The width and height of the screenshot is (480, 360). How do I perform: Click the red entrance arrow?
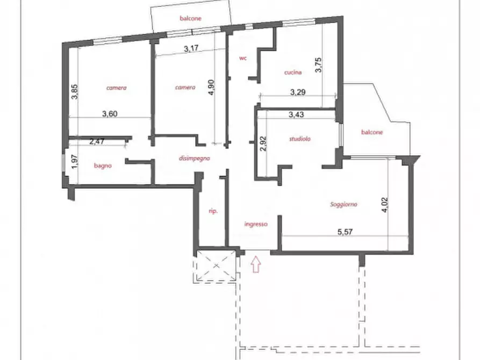[x=256, y=264]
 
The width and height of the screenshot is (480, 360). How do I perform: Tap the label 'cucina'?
[x=293, y=73]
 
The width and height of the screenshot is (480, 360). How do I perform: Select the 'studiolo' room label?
[x=300, y=139]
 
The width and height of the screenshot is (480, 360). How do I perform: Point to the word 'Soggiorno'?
[x=343, y=204]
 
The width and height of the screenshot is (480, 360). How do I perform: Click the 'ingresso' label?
[x=256, y=224]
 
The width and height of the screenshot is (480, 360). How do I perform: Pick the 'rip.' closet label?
[x=213, y=211]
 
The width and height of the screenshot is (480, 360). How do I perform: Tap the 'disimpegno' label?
[x=195, y=159]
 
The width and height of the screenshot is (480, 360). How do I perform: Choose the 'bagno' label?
[x=103, y=165]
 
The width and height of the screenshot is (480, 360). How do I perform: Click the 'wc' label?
[x=243, y=58]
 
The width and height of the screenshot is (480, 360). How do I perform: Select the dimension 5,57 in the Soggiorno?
[x=345, y=232]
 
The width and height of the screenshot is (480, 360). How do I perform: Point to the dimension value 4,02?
[x=385, y=205]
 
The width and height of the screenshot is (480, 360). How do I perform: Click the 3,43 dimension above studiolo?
[x=296, y=114]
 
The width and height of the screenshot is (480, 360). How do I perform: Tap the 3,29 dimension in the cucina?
[x=298, y=92]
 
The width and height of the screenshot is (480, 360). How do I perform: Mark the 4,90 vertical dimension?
[x=211, y=87]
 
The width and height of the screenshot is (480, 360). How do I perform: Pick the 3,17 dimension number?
[x=191, y=48]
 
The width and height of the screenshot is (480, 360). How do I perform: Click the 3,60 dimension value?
[x=110, y=114]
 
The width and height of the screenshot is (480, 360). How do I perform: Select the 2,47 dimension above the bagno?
[x=97, y=141]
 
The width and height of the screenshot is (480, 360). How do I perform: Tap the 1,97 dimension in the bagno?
[x=74, y=162]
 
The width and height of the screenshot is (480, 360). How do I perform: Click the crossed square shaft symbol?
[x=216, y=265]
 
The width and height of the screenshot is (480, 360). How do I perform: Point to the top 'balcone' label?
[x=190, y=18]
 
